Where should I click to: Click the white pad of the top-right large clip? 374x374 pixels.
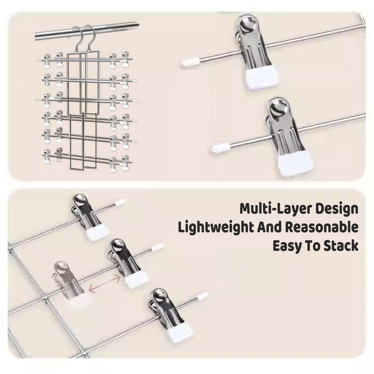click(262, 78)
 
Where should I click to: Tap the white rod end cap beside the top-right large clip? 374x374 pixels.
click(190, 63)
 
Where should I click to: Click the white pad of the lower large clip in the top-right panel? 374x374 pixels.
click(295, 164)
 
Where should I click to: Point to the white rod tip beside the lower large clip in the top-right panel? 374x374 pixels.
click(221, 148)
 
